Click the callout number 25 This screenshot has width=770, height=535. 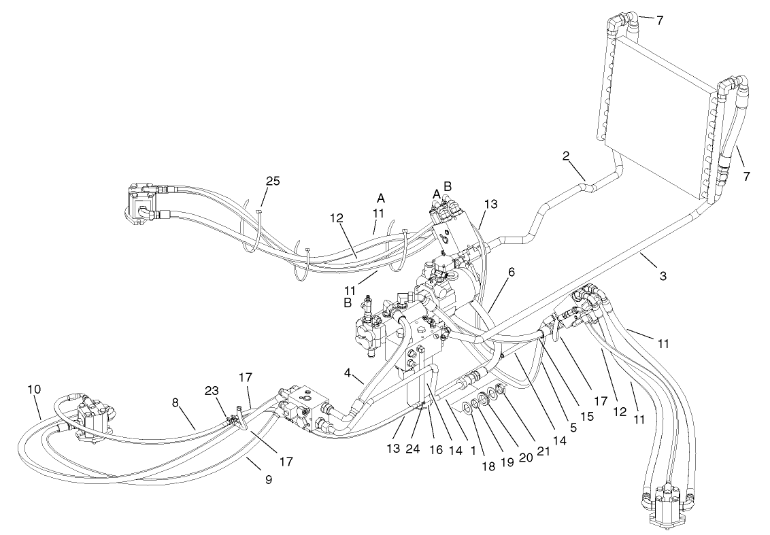click(273, 182)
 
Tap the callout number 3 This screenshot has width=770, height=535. click(662, 276)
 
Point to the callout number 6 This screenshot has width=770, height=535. click(511, 271)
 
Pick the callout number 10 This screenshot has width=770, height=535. click(34, 390)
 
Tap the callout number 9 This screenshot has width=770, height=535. click(269, 479)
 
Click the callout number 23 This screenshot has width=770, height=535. click(212, 391)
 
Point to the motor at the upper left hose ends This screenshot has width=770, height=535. click(141, 203)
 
